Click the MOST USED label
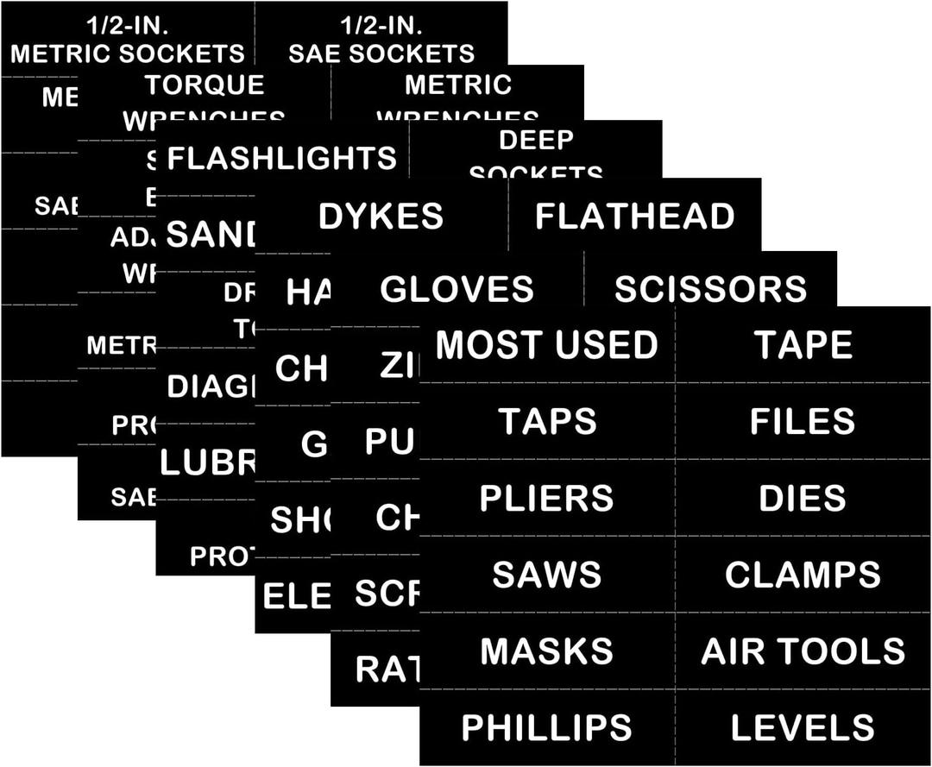tap(546, 345)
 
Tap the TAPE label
tap(803, 345)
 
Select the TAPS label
tap(546, 421)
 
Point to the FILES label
tap(803, 421)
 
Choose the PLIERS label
tap(546, 498)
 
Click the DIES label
tap(803, 498)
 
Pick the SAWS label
tap(546, 575)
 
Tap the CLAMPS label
tap(803, 575)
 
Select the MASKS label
tap(546, 651)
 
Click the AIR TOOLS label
tap(803, 651)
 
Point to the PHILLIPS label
tap(546, 727)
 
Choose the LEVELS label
tap(803, 727)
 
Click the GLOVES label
tap(457, 289)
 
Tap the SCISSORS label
tap(710, 289)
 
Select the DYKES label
tap(381, 216)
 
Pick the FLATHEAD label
tap(634, 216)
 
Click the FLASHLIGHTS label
tap(282, 158)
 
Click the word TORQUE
tap(205, 85)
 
